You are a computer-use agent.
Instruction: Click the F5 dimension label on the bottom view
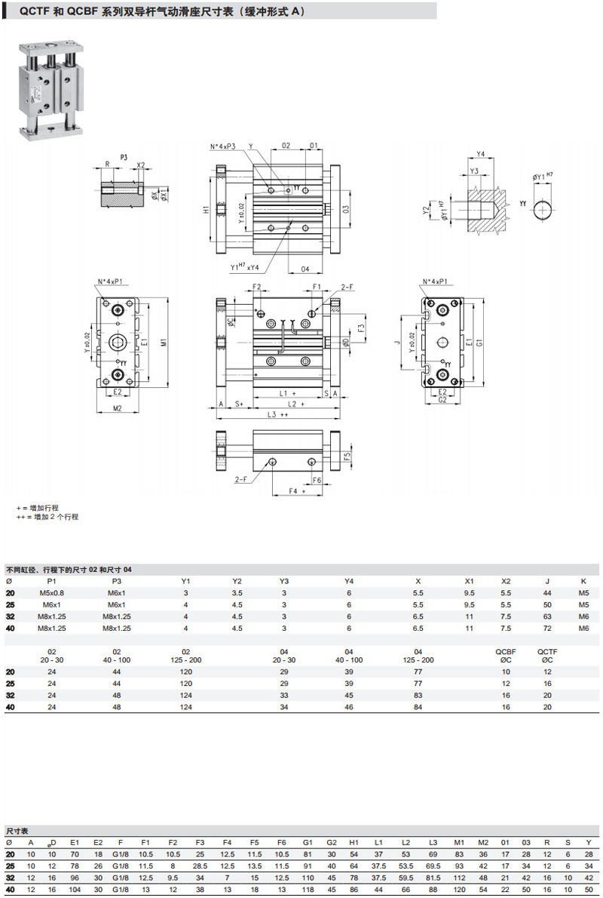[347, 457]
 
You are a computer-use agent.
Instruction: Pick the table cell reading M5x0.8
[52, 593]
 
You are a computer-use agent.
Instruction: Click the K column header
[583, 581]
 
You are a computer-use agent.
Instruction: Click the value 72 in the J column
[547, 628]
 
